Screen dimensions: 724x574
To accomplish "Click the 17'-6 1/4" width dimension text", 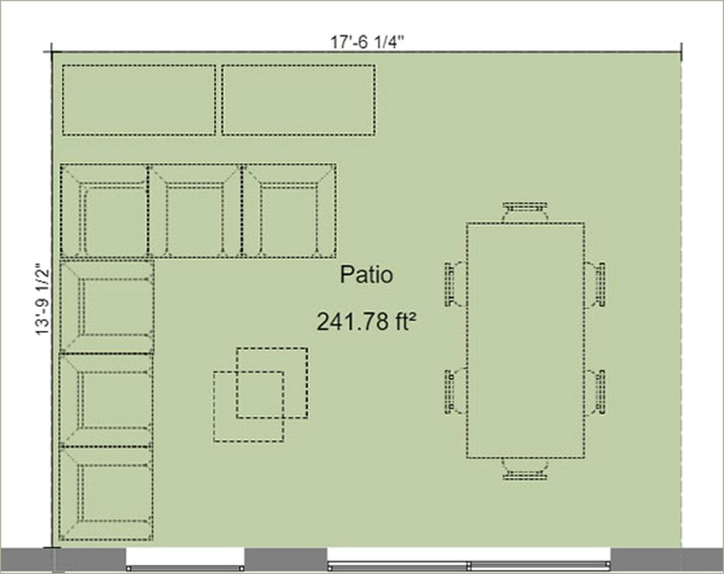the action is point(366,42).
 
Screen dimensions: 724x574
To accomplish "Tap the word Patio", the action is point(366,275).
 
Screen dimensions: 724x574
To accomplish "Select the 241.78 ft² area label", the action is point(366,321).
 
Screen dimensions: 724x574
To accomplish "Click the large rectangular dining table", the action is point(525,341).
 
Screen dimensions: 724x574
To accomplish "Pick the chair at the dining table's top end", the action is point(525,212).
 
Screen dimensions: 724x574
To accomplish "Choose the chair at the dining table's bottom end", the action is point(525,469).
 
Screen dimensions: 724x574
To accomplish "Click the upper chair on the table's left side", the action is point(456,285).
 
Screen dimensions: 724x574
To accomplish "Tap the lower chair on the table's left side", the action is point(456,391).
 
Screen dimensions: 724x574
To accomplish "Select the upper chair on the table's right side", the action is point(595,285).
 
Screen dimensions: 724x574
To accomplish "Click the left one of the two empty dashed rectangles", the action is point(139,100).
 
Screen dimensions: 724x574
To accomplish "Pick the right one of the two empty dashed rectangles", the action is point(298,100).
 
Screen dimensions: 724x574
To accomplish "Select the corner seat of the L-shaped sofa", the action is point(105,210).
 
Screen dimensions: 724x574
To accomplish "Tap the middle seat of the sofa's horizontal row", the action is point(196,210).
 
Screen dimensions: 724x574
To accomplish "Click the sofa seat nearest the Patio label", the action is point(289,210).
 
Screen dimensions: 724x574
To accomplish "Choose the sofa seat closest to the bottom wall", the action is point(106,494).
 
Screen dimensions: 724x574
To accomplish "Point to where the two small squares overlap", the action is point(261,395).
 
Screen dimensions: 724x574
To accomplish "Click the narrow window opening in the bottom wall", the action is point(185,559).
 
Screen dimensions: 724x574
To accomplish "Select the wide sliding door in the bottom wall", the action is point(469,559).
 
